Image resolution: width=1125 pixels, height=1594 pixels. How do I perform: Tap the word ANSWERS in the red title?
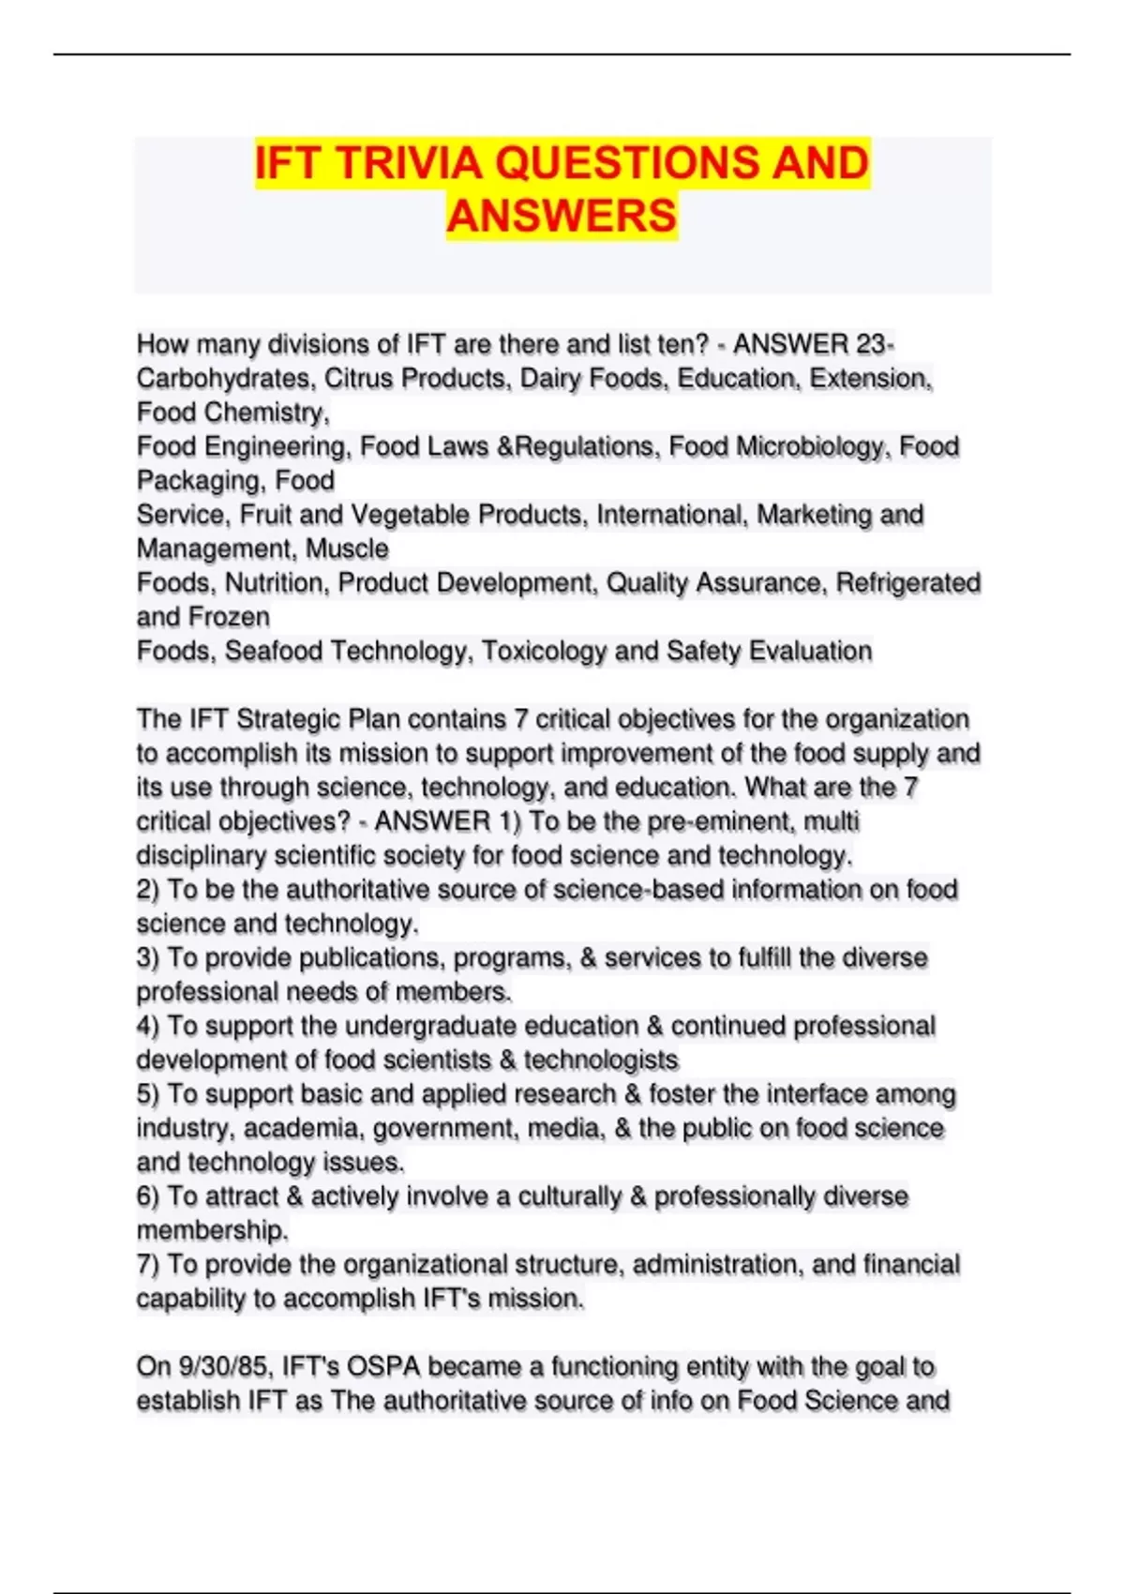pyautogui.click(x=562, y=216)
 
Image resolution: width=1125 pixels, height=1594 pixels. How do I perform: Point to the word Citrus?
pyautogui.click(x=359, y=379)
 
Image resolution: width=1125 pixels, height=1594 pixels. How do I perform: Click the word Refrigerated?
pyautogui.click(x=907, y=583)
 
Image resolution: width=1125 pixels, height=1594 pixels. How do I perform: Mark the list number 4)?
pyautogui.click(x=148, y=1026)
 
